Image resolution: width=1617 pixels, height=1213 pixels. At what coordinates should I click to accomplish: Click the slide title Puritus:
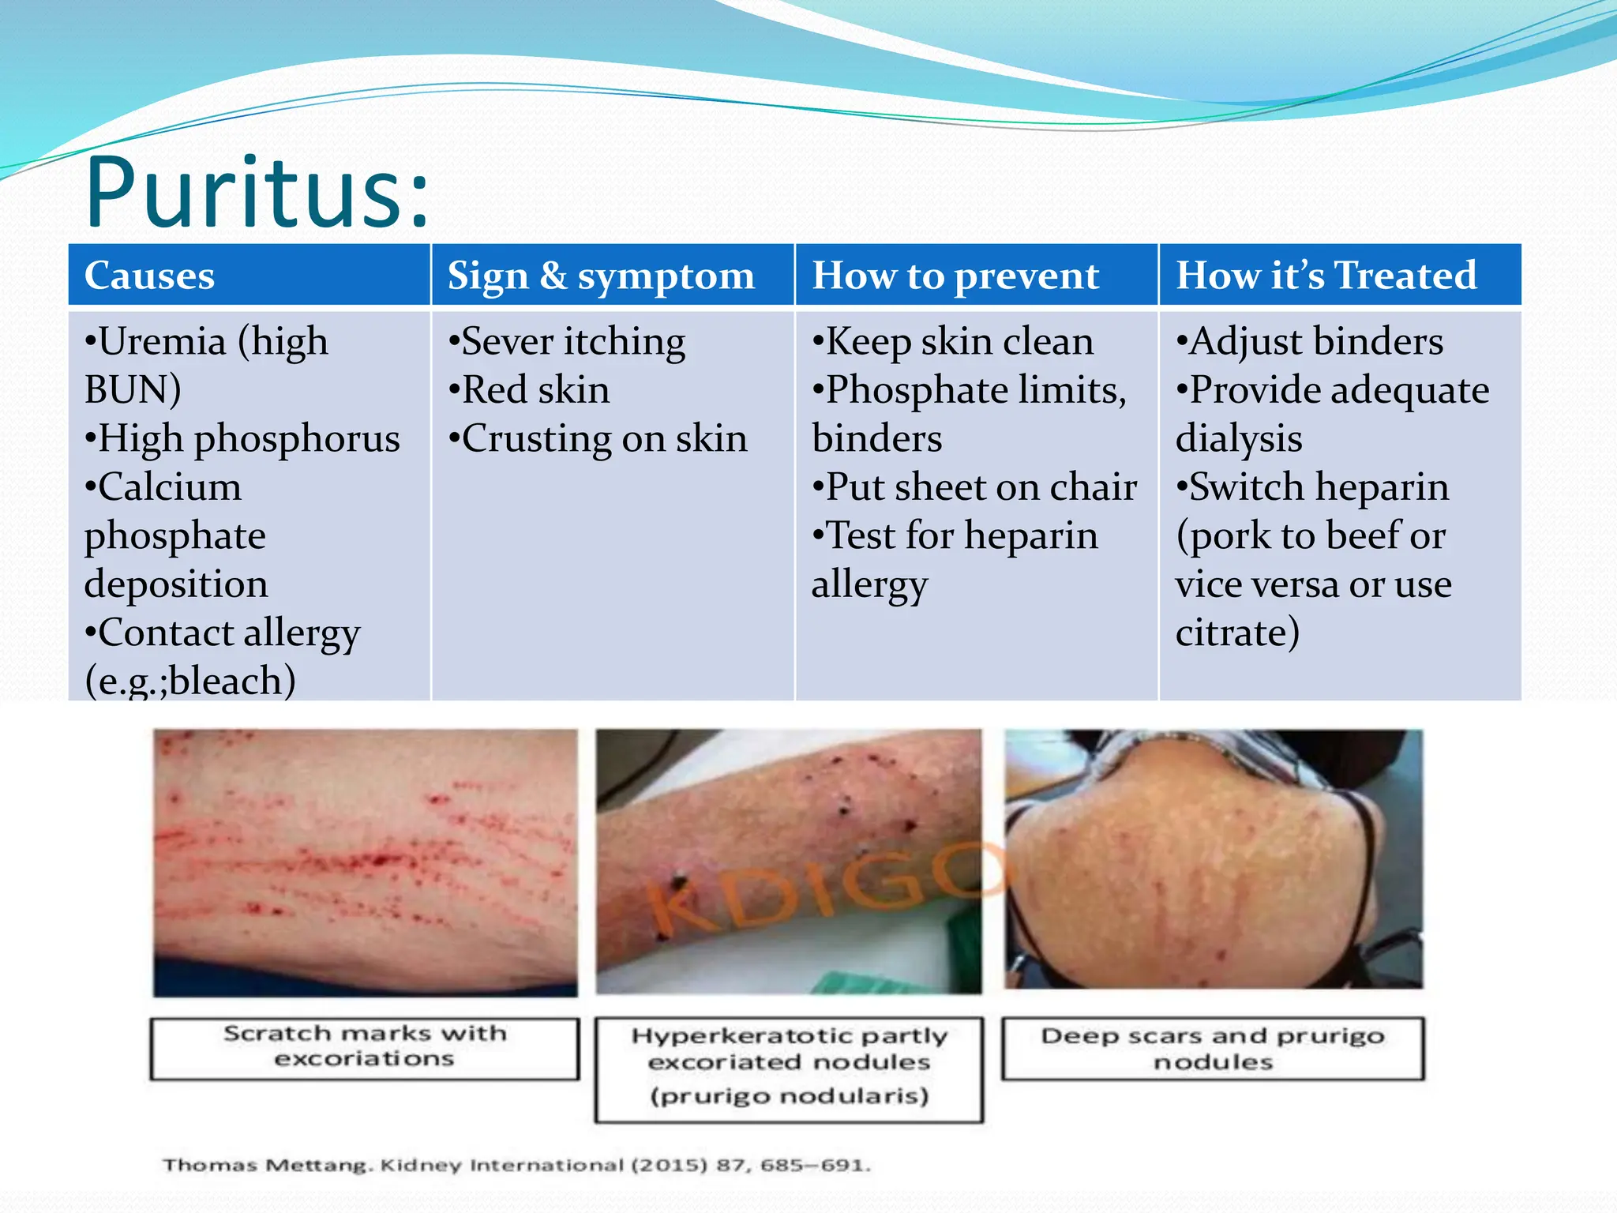tap(257, 193)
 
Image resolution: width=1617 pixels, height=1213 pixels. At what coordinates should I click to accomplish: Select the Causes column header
tap(149, 276)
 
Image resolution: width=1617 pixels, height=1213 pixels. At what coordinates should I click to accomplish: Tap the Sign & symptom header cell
tap(601, 276)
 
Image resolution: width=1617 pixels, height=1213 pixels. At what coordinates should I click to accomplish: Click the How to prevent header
tap(955, 276)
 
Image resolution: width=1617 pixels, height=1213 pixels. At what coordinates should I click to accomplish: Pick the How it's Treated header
tap(1326, 276)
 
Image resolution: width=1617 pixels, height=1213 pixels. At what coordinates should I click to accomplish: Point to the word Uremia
tap(162, 342)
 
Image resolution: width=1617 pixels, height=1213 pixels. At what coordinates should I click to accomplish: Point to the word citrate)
tap(1237, 633)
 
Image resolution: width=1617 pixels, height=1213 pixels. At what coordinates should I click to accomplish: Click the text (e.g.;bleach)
tap(190, 681)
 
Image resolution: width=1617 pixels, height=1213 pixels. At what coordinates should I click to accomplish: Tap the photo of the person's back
tap(1214, 858)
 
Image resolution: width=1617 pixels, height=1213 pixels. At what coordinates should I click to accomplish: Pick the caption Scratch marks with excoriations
tap(365, 1046)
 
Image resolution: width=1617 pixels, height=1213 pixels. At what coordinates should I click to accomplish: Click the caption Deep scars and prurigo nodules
tap(1213, 1048)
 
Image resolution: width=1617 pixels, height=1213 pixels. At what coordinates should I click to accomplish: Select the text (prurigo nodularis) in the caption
tap(789, 1096)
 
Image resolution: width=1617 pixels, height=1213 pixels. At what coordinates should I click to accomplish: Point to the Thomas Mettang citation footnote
tap(516, 1165)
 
